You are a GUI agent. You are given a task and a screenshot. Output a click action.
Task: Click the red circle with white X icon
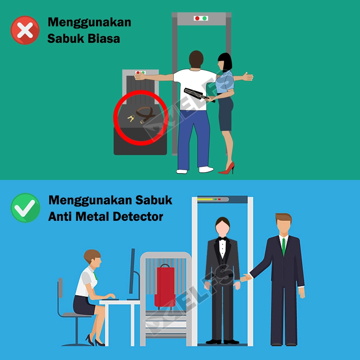click(x=25, y=30)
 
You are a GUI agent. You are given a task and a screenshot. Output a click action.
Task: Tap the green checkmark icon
click(x=25, y=208)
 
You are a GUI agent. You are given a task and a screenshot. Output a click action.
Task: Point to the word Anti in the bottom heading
click(x=60, y=216)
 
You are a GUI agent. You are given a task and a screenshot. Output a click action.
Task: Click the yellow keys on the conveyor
click(x=131, y=118)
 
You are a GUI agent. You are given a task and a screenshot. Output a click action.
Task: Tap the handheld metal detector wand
click(x=198, y=94)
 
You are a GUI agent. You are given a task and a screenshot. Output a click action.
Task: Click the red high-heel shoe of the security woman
click(x=227, y=168)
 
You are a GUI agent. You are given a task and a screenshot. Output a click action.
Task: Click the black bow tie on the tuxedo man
click(x=222, y=239)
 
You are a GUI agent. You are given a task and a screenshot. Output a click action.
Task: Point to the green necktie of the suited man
click(x=284, y=246)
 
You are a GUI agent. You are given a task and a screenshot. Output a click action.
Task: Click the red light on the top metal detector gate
click(x=197, y=18)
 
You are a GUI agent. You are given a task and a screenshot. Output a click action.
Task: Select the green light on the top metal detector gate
click(x=204, y=18)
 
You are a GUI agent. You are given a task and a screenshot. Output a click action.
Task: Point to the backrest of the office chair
click(x=60, y=288)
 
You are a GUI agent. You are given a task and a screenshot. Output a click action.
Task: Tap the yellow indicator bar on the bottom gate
click(x=205, y=199)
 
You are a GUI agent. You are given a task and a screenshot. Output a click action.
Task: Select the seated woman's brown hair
click(x=92, y=255)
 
